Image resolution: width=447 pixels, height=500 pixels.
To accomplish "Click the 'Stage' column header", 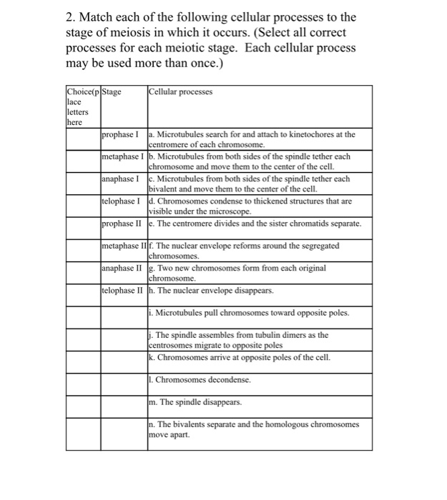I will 112,91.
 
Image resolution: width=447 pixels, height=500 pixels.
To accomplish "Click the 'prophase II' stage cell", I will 123,224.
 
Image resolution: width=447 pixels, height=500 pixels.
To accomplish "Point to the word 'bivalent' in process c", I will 165,189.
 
